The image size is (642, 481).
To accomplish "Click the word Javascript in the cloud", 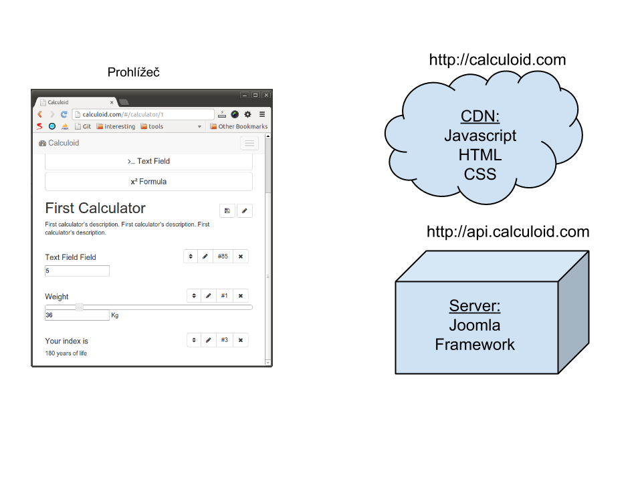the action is [480, 136].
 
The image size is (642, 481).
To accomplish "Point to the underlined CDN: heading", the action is [480, 116].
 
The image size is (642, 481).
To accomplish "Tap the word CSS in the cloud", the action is [480, 174].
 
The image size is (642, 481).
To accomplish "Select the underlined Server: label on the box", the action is [475, 306].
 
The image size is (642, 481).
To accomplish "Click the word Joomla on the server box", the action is [475, 325].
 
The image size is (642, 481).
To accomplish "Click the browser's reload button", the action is [64, 114].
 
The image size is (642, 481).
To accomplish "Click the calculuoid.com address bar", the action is [143, 114].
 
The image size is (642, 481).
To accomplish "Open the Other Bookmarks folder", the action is [239, 126].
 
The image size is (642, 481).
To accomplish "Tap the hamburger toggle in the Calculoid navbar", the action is [249, 143].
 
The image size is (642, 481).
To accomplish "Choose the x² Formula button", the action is [148, 182].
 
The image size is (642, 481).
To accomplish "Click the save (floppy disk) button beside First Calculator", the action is [227, 211].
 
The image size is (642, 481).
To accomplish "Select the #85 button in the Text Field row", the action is [223, 256].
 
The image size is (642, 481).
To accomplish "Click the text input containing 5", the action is [77, 271].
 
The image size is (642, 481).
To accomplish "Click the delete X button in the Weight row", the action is [241, 295].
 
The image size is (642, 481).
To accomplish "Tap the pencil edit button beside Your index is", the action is [209, 340].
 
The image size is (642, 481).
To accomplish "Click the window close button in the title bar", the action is [266, 95].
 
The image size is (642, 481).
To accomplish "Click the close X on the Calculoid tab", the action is [112, 102].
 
